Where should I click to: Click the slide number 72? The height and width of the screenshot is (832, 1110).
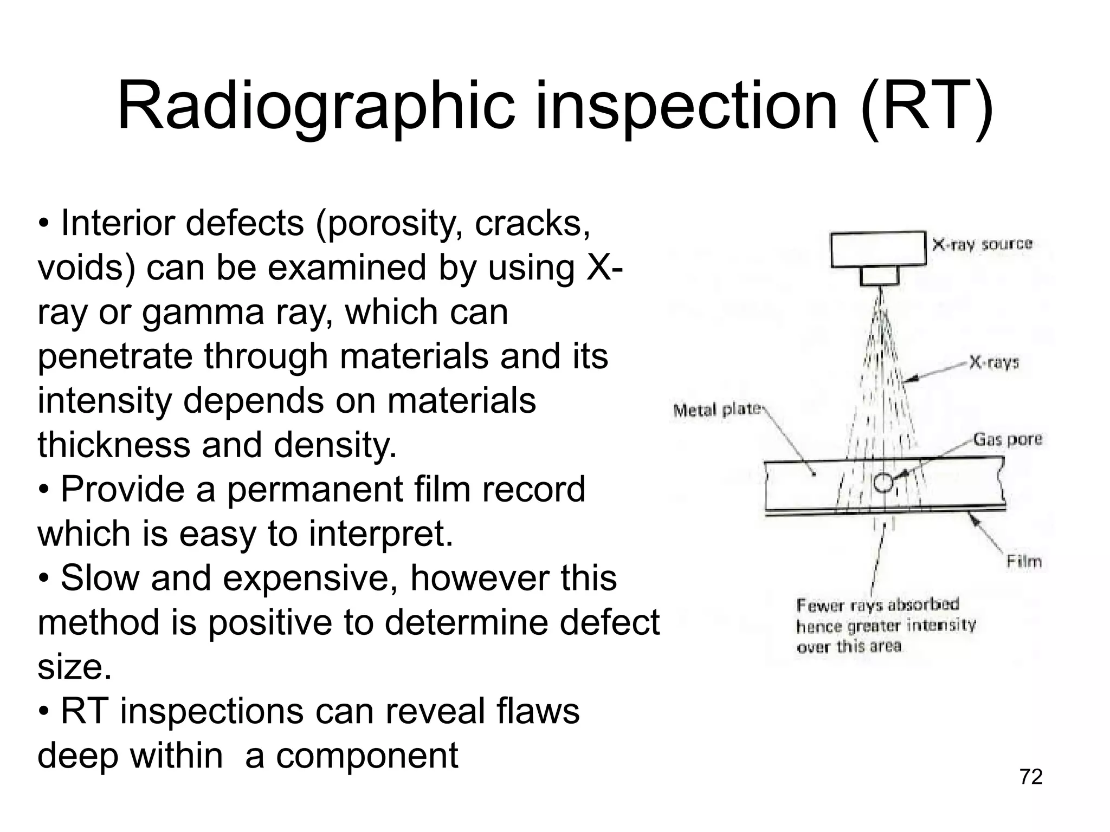[x=1031, y=777]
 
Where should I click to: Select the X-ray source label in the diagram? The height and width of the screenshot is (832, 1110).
[x=982, y=244]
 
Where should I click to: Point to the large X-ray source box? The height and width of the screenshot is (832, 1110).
[x=878, y=249]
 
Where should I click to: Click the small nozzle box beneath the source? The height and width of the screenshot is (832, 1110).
[x=880, y=276]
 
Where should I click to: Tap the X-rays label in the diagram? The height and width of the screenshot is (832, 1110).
[x=994, y=362]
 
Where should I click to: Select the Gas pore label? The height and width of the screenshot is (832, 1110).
[x=1008, y=439]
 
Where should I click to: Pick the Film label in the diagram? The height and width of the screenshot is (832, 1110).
[x=1024, y=561]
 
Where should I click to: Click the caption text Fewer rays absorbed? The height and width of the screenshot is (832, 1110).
[x=878, y=604]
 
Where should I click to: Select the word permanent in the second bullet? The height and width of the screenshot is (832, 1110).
[x=314, y=489]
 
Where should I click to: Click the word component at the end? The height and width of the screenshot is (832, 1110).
[x=367, y=756]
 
